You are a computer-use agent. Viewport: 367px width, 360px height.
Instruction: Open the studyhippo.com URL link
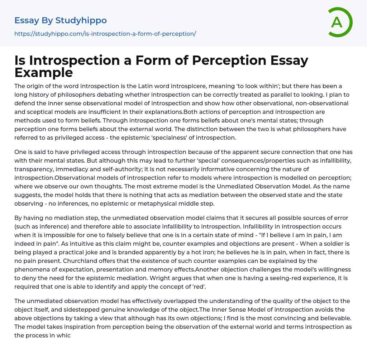pos(105,34)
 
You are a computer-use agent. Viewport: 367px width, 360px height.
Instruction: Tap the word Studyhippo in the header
pos(81,20)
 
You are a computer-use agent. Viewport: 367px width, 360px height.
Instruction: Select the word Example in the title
pos(44,72)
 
